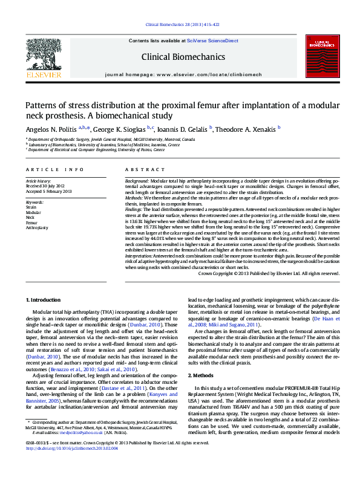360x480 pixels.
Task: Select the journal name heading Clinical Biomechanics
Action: [x=183, y=57]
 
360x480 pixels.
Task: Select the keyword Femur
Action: [x=31, y=222]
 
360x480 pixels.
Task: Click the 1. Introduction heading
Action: [x=44, y=300]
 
